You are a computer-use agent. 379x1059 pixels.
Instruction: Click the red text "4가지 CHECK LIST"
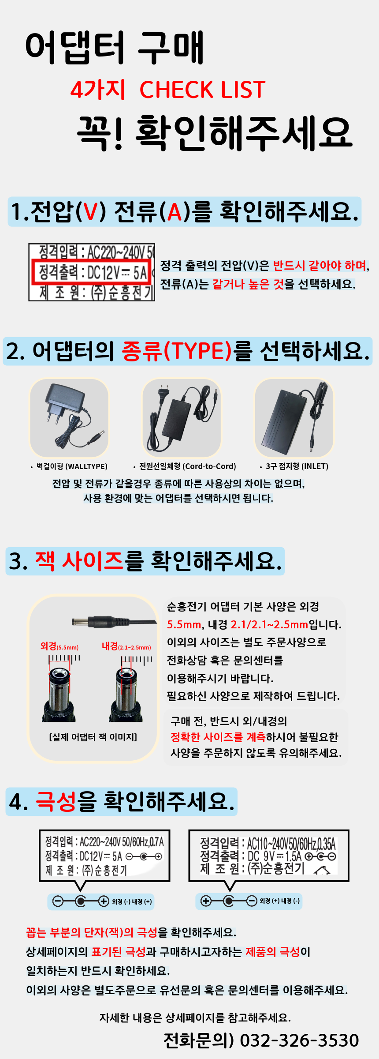[x=167, y=90]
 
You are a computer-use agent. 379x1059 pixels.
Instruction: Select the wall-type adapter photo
[x=69, y=418]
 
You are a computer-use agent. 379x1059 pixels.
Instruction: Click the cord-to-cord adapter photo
[x=182, y=418]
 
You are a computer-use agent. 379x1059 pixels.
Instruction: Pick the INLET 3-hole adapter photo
[x=294, y=418]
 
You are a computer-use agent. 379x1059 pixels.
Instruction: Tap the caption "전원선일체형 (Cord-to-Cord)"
[x=187, y=466]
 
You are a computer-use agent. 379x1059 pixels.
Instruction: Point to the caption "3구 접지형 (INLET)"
[x=297, y=466]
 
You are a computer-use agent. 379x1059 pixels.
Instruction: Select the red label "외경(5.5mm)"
[x=59, y=646]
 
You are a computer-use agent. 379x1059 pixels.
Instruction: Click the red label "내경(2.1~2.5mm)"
[x=126, y=646]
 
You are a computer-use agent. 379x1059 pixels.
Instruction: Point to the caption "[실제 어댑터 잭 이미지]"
[x=93, y=737]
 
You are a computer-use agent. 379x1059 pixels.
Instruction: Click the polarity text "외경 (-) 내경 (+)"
[x=132, y=901]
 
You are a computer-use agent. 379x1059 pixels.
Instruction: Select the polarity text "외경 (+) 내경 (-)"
[x=279, y=901]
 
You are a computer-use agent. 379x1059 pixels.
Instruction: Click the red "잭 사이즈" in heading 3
[x=79, y=561]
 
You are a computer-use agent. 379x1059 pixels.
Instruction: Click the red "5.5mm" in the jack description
[x=184, y=625]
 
